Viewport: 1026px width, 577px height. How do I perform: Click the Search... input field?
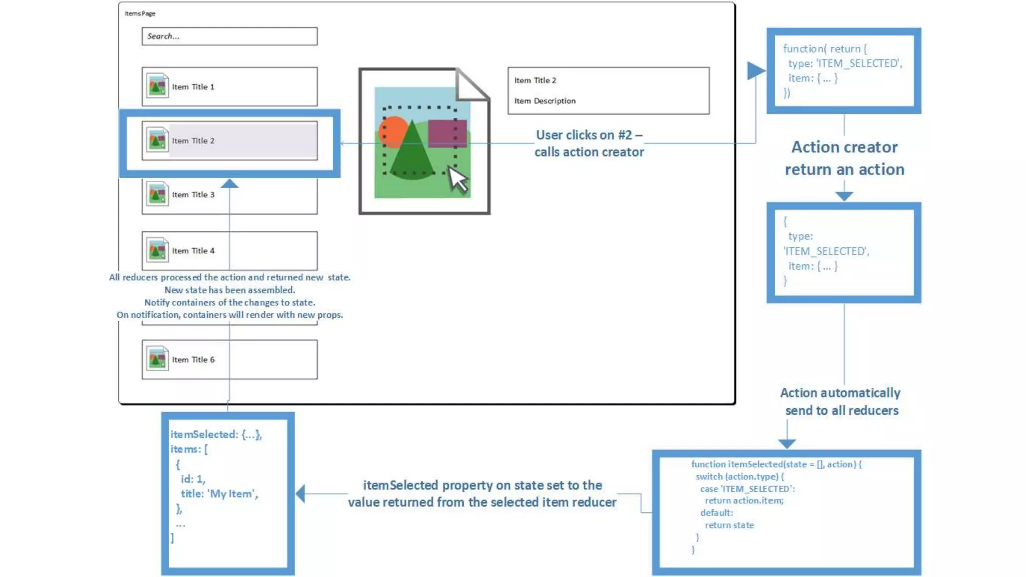[x=229, y=36]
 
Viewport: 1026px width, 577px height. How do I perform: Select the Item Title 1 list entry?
[x=229, y=87]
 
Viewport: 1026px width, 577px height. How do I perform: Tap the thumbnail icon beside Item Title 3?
[x=157, y=195]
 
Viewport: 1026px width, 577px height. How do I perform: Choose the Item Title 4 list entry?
[x=229, y=250]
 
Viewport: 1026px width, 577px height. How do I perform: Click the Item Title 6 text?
[x=193, y=360]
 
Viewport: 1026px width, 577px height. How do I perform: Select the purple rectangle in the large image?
[x=447, y=133]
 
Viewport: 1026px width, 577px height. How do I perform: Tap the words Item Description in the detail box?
[x=545, y=101]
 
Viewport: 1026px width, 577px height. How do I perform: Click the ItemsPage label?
[x=140, y=14]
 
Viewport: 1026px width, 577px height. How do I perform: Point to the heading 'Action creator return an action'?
[x=844, y=158]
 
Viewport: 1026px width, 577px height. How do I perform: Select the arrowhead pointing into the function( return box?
[x=756, y=71]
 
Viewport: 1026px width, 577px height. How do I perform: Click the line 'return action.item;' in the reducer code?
[x=744, y=500]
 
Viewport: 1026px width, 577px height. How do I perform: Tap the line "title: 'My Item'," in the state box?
[x=219, y=494]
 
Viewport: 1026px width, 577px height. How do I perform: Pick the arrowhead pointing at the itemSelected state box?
[x=301, y=494]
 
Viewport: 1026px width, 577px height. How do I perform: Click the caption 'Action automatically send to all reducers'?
[x=841, y=402]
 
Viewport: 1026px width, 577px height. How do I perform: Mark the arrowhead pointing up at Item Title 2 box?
[x=229, y=184]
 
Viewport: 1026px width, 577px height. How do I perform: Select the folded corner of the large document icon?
[x=472, y=84]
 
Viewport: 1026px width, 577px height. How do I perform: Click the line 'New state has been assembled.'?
[x=229, y=290]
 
